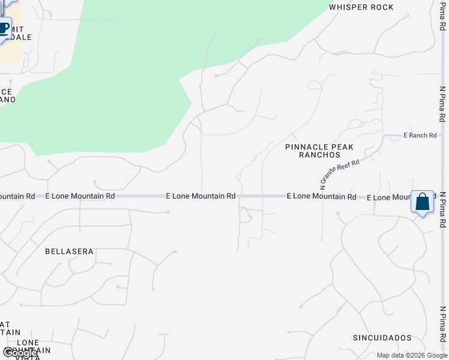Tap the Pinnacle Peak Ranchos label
319,151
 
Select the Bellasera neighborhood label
69,251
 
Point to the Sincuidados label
382,338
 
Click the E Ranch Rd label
420,136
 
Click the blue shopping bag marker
422,202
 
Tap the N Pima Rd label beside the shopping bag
442,209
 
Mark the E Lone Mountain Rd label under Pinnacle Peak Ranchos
321,196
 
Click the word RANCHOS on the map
319,155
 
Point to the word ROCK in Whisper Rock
382,7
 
